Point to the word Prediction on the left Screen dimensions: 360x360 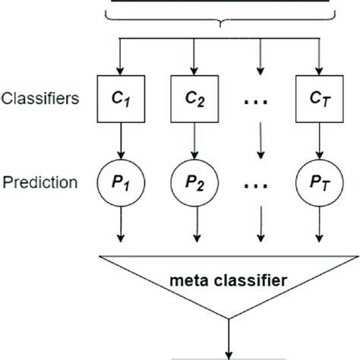pos(40,183)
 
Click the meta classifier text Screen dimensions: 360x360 pos(229,280)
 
